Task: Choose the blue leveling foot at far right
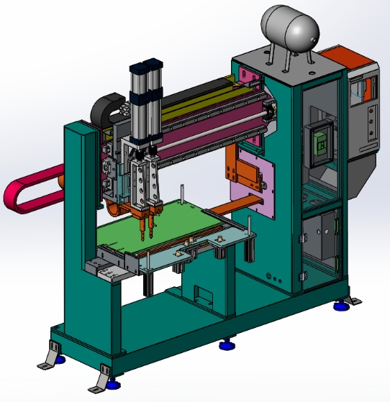coord(340,306)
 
